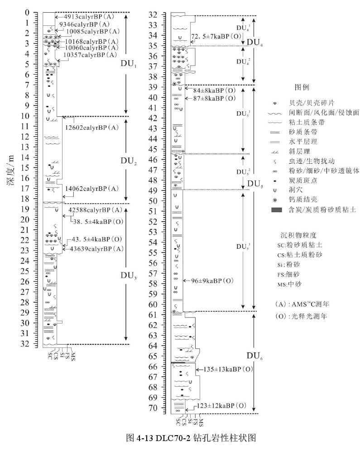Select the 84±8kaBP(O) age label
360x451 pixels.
[214, 90]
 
